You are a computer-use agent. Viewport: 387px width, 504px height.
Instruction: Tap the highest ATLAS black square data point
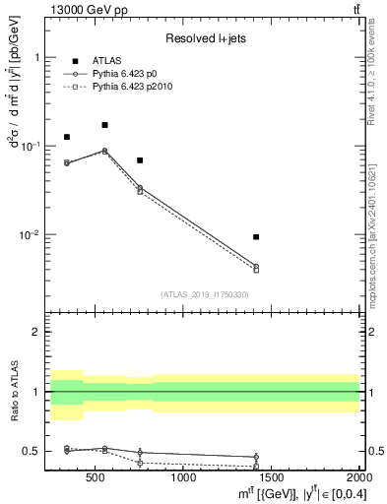pyautogui.click(x=104, y=125)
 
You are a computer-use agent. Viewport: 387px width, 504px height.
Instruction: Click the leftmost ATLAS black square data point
pyautogui.click(x=67, y=137)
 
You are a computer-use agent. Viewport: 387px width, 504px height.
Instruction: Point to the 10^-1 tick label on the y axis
pyautogui.click(x=33, y=146)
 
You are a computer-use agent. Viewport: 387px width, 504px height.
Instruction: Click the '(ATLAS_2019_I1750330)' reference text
pyautogui.click(x=205, y=293)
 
